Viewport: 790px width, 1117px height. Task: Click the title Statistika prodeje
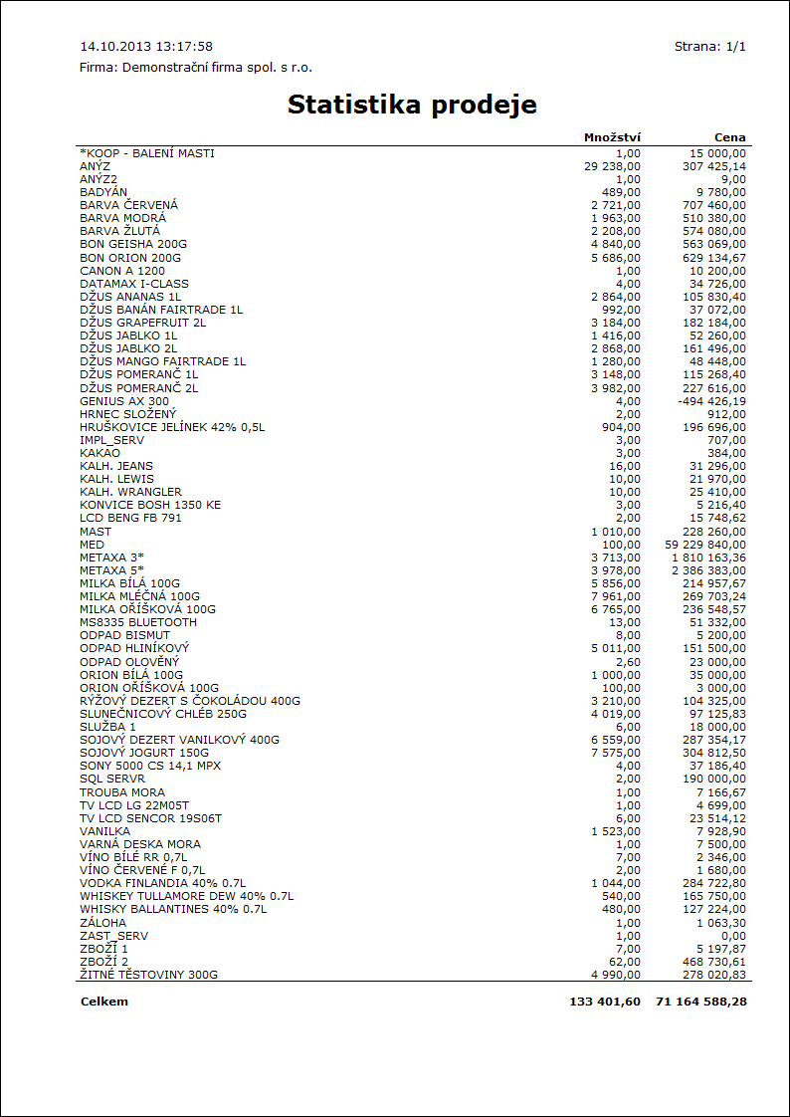click(x=412, y=105)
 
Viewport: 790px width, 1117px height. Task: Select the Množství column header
click(x=612, y=137)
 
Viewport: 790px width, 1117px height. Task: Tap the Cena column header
click(x=729, y=137)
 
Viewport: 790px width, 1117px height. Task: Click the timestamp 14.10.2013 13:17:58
click(x=146, y=47)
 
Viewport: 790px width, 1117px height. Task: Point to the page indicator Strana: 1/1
click(x=709, y=47)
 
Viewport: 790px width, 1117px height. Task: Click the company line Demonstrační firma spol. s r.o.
click(x=196, y=68)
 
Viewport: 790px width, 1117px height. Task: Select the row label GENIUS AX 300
click(x=124, y=401)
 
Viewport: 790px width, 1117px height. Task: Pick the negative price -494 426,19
click(x=710, y=401)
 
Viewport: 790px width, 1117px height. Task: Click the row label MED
click(x=92, y=545)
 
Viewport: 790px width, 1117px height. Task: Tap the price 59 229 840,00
click(x=704, y=545)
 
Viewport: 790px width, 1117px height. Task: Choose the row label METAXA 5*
click(x=112, y=570)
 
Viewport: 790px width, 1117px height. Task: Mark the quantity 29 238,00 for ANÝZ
click(x=613, y=166)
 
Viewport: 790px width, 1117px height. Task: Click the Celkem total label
click(x=104, y=1002)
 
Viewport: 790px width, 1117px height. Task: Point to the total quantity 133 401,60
click(x=605, y=1002)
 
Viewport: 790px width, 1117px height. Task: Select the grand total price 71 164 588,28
click(x=700, y=1002)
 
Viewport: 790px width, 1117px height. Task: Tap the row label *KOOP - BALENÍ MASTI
click(x=147, y=153)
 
